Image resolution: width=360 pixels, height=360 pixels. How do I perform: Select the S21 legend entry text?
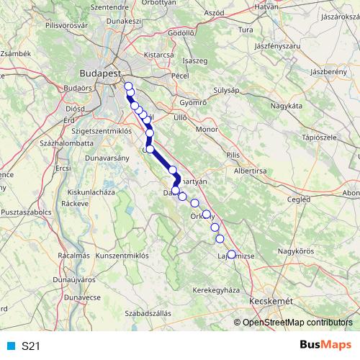(30, 346)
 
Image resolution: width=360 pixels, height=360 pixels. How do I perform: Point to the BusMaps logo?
(326, 345)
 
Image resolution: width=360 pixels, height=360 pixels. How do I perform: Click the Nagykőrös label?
(298, 251)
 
